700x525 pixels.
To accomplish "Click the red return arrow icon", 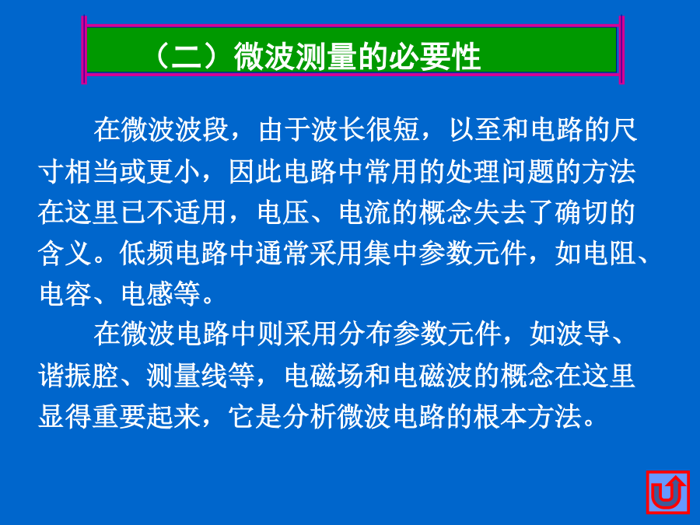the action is (668, 492).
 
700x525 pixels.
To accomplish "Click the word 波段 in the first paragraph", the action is (201, 130).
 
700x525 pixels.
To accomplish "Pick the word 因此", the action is (256, 171).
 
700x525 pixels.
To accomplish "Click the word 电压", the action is (284, 212).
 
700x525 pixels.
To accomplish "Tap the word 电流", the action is (366, 212).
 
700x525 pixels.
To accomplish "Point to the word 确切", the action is (582, 212).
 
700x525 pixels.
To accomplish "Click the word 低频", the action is (146, 254).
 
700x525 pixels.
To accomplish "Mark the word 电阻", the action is (609, 254).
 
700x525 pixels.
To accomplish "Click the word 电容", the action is (65, 294).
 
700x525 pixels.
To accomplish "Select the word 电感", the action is (147, 294).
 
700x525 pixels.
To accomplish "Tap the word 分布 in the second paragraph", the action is (366, 334).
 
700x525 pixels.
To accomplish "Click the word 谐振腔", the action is (79, 375).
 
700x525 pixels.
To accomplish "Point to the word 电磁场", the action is (324, 375).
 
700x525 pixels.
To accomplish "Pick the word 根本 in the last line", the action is (501, 417).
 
